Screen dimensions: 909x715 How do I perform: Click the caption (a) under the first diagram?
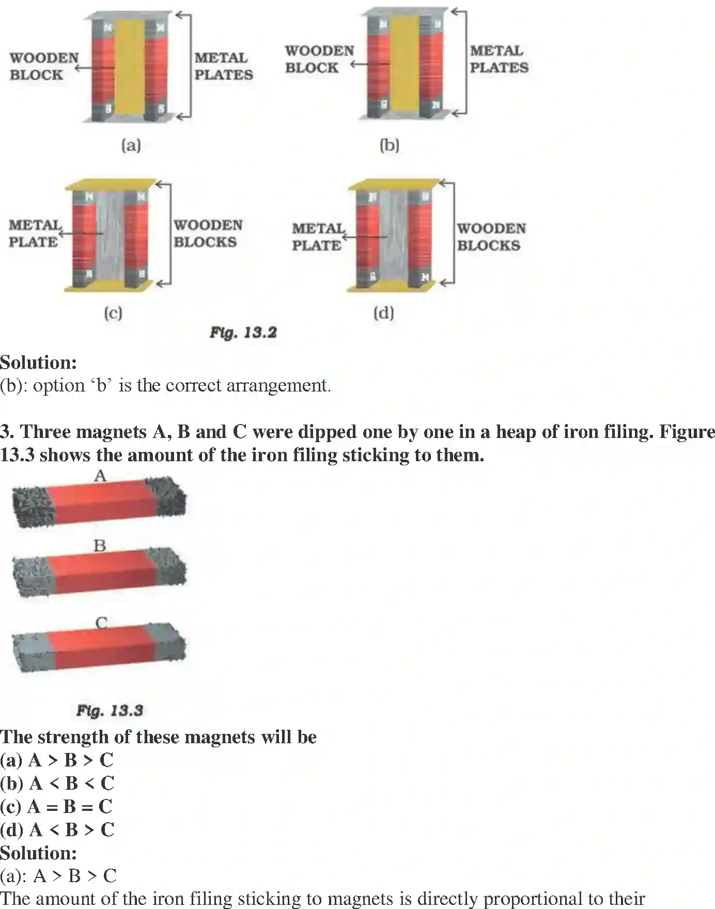tap(131, 145)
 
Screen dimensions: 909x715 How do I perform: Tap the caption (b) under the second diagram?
tap(389, 145)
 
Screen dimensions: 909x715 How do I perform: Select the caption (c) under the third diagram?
tap(113, 313)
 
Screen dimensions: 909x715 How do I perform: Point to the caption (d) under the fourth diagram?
tap(383, 313)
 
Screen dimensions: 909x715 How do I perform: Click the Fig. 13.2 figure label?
tap(243, 333)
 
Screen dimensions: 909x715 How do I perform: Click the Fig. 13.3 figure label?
tap(110, 711)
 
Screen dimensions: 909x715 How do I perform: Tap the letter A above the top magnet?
tap(100, 476)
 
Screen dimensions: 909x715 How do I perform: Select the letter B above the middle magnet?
tap(100, 545)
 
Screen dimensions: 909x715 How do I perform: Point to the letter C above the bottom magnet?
tap(101, 623)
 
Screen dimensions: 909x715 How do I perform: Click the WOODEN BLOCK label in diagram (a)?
tap(44, 66)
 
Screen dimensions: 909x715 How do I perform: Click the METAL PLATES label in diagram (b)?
tap(499, 59)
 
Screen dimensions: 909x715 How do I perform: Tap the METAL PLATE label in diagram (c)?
tap(34, 233)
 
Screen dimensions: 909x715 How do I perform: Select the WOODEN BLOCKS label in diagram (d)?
tap(491, 237)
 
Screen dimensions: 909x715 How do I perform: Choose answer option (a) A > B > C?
tap(57, 760)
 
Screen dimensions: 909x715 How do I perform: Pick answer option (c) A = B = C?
tap(56, 806)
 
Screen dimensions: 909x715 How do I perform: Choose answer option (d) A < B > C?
tap(57, 829)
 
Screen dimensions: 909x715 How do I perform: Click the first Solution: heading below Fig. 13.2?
tap(38, 362)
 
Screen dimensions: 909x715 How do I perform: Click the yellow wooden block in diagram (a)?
tap(129, 67)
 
